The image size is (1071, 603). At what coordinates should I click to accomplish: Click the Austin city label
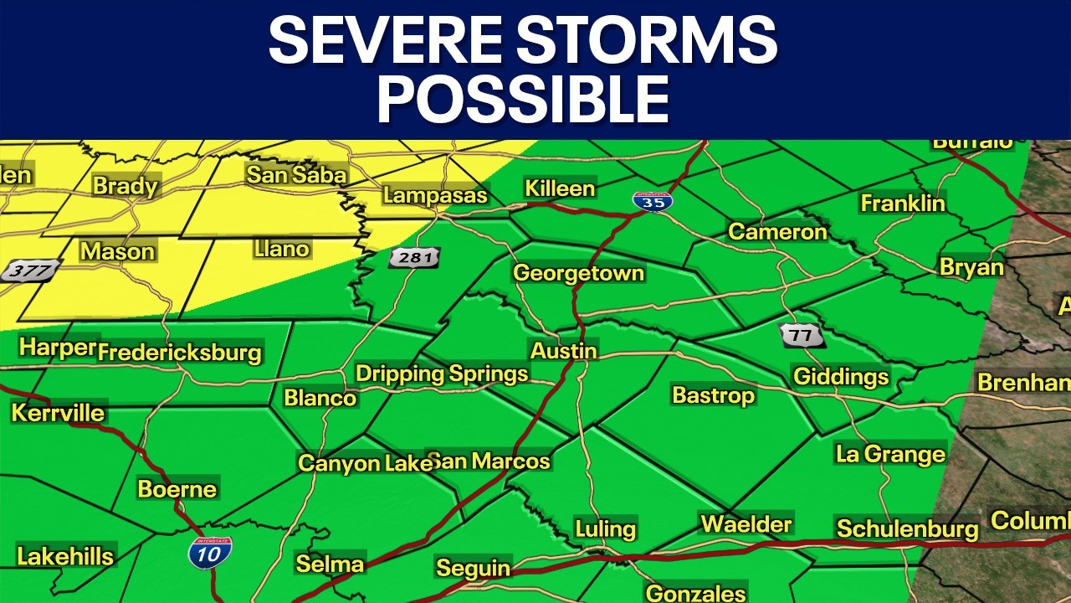coord(563,350)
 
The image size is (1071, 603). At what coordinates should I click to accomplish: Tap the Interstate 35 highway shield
coord(653,201)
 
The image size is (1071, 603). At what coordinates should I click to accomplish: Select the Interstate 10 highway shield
coord(209,553)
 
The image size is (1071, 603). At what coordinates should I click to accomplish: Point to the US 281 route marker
coord(414,257)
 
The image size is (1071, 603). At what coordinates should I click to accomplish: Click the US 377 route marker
coord(31,271)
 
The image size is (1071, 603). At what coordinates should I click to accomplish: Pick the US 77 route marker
coord(802,336)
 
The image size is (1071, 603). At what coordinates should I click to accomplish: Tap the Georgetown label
coord(578,272)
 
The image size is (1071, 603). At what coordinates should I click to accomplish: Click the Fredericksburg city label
coord(179,353)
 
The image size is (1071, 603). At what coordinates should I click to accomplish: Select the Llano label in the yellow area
coord(281,249)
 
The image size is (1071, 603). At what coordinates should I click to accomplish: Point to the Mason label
coord(117,251)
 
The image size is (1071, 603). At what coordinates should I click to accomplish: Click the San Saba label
coord(295,174)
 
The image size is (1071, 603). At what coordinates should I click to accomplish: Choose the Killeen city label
coord(560,188)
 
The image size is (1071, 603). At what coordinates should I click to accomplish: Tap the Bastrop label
coord(714,394)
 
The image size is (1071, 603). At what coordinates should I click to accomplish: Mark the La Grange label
coord(890,454)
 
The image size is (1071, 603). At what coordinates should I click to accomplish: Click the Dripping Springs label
coord(442,374)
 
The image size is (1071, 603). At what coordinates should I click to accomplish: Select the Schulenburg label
coord(907,528)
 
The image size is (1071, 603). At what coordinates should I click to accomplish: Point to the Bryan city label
coord(971,267)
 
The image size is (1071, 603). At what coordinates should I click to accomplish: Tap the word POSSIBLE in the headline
coord(523,100)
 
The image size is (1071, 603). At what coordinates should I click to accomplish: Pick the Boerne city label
coord(177,488)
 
